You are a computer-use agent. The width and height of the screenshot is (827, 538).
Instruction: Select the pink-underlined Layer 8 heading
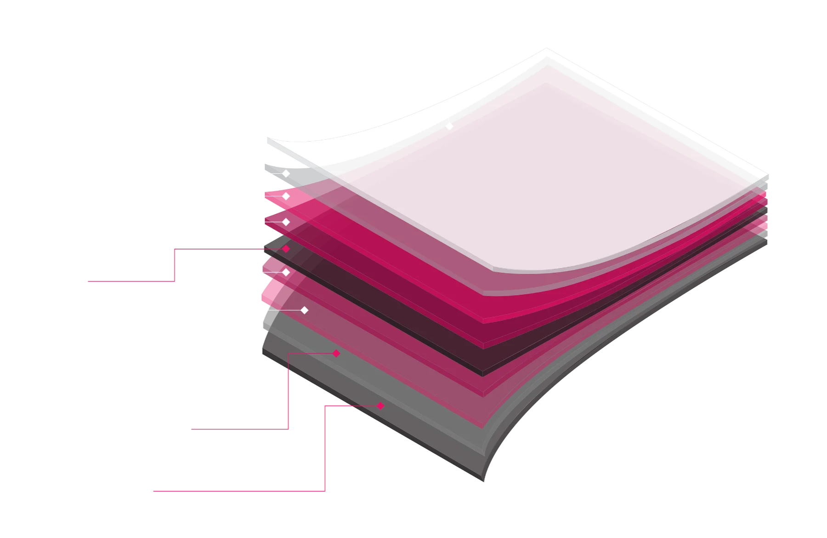coord(227,419)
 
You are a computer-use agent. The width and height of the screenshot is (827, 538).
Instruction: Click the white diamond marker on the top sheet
coord(450,126)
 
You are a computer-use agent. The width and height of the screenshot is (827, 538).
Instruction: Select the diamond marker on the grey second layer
coord(286,174)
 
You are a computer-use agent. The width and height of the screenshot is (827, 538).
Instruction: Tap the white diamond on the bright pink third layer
coord(286,196)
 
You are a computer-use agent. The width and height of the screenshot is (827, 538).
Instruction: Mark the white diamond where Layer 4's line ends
coord(286,222)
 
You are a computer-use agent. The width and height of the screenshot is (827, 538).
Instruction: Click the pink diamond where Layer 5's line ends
coord(286,249)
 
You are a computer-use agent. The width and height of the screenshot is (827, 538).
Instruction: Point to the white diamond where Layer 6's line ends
coord(286,273)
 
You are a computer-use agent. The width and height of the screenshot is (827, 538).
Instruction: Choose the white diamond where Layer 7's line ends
coord(304,310)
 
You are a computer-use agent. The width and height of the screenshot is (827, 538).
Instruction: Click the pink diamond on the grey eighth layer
coord(336,354)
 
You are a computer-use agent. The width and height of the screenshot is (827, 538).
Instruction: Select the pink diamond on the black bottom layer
coord(380,406)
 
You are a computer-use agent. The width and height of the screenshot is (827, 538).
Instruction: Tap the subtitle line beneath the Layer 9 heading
coord(233,501)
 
